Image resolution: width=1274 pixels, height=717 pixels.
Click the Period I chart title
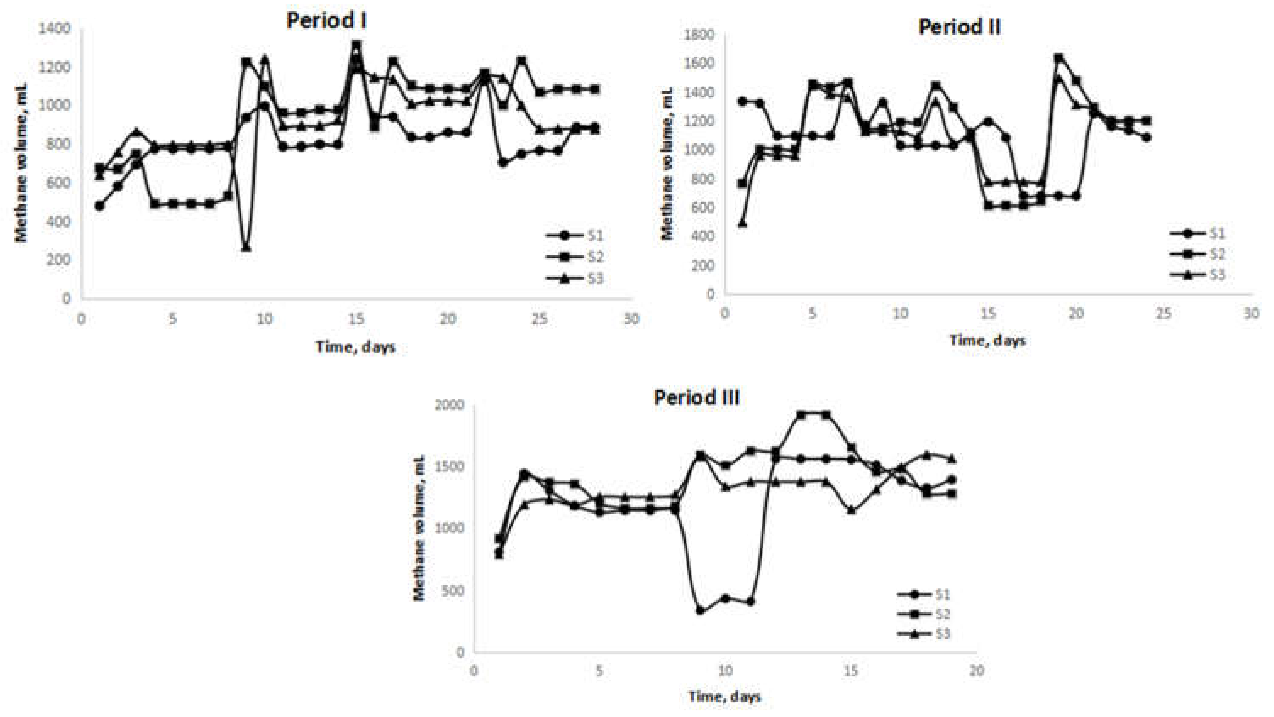coord(326,21)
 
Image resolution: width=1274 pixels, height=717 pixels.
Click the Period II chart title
coord(960,26)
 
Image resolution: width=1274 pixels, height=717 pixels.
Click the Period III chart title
coord(697,398)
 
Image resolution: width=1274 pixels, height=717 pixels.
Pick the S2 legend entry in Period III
coord(923,614)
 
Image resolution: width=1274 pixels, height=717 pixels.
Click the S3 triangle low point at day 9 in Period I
coord(246,247)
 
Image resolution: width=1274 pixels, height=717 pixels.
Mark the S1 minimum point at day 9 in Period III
coord(700,611)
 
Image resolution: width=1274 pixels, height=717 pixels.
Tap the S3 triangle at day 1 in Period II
coord(742,224)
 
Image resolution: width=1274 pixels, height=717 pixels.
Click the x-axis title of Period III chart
coord(724,697)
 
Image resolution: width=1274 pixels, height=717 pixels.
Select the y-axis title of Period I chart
coord(21,163)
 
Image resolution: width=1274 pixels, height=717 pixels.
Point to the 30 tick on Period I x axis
coord(630,319)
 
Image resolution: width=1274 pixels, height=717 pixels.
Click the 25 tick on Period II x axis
coord(1164,313)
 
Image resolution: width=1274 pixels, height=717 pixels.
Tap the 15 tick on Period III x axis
coord(851,671)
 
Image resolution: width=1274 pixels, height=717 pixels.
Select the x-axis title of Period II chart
coord(987,340)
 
